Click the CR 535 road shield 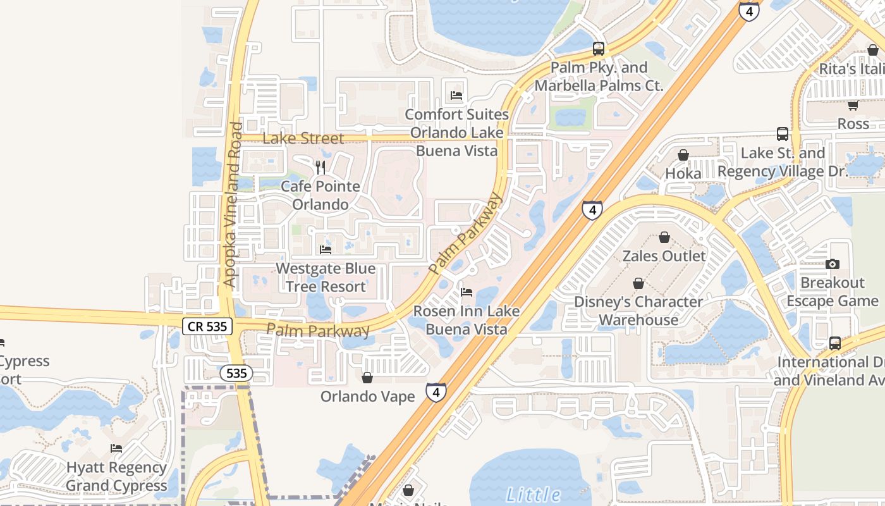click(207, 326)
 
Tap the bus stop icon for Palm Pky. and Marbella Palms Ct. click(598, 49)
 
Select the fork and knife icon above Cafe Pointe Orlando click(320, 167)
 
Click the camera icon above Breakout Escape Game click(833, 264)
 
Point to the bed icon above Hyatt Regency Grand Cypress click(116, 448)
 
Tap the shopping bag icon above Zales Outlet click(664, 237)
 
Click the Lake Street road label click(303, 139)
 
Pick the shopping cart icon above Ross click(853, 105)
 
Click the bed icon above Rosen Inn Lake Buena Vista click(467, 292)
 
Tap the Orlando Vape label click(367, 397)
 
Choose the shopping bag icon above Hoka click(683, 155)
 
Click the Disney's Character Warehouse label click(638, 311)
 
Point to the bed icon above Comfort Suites click(456, 96)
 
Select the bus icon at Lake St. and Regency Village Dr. click(783, 134)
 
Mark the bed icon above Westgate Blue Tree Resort click(326, 249)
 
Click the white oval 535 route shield click(236, 373)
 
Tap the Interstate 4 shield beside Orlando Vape click(436, 392)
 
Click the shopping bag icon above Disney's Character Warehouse click(638, 283)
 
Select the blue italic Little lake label click(534, 495)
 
